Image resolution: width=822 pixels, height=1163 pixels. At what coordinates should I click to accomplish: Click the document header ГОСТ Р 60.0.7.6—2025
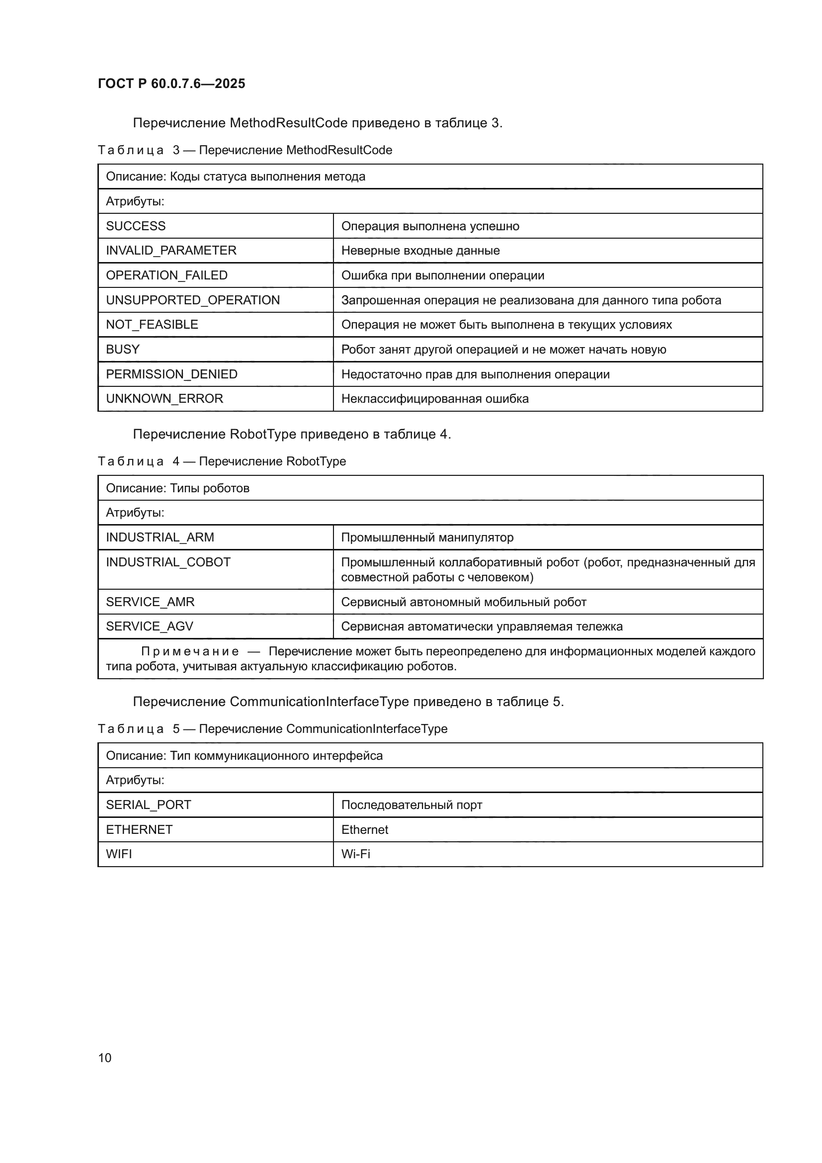pyautogui.click(x=171, y=84)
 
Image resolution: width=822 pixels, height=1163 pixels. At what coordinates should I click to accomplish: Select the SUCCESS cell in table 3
pyautogui.click(x=136, y=226)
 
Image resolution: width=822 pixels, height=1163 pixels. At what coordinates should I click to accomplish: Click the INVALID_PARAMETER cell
pyautogui.click(x=171, y=250)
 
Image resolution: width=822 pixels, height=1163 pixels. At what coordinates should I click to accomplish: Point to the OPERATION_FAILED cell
pyautogui.click(x=166, y=275)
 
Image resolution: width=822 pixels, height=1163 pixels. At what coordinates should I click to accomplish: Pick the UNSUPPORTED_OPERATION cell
pyautogui.click(x=192, y=300)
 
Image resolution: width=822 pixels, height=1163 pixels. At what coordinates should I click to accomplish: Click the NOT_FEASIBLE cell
pyautogui.click(x=152, y=324)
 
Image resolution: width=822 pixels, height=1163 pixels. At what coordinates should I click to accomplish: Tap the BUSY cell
pyautogui.click(x=122, y=349)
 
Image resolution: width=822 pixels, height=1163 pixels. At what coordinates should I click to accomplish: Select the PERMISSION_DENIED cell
pyautogui.click(x=171, y=374)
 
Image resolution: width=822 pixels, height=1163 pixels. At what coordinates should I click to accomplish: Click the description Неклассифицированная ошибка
pyautogui.click(x=435, y=399)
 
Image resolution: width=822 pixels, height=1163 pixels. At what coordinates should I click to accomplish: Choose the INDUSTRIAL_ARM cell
pyautogui.click(x=160, y=537)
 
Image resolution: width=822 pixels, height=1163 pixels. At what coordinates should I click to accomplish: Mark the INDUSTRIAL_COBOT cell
pyautogui.click(x=168, y=562)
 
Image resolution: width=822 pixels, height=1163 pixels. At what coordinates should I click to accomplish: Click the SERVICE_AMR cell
pyautogui.click(x=150, y=602)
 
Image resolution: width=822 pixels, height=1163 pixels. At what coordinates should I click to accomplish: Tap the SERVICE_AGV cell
pyautogui.click(x=149, y=626)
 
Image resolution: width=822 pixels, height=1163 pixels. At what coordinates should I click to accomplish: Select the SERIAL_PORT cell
pyautogui.click(x=148, y=805)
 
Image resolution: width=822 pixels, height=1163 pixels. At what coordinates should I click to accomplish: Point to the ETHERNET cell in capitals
pyautogui.click(x=139, y=830)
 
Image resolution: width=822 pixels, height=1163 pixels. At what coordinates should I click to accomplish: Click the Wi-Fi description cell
pyautogui.click(x=356, y=854)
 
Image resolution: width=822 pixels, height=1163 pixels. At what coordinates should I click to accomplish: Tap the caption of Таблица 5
pyautogui.click(x=272, y=729)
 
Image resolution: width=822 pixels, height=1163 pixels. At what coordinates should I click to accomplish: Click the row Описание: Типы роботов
pyautogui.click(x=177, y=488)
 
